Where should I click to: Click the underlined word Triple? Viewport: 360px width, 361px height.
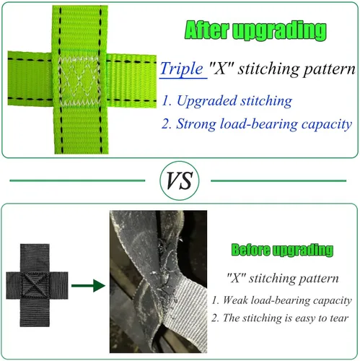tap(182, 69)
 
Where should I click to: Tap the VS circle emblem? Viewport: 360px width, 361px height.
tap(180, 180)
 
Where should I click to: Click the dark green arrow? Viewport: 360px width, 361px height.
tap(89, 286)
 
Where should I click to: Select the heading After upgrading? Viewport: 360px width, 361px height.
tap(255, 30)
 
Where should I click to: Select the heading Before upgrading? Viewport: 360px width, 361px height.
tap(282, 250)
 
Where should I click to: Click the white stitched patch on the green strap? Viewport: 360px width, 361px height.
tap(79, 82)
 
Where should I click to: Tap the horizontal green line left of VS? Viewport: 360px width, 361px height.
tap(77, 180)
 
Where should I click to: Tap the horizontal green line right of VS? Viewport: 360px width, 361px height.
tap(278, 180)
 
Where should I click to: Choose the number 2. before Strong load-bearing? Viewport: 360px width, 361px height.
tap(167, 124)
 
